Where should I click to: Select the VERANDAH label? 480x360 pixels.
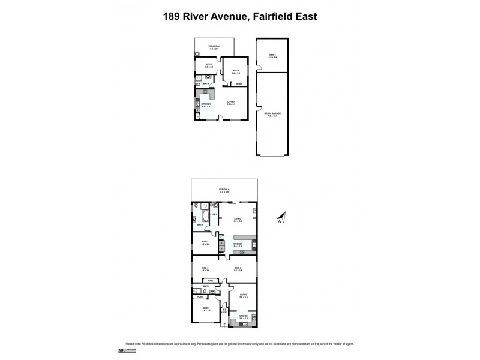tap(214, 46)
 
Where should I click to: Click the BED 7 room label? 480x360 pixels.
tap(208, 64)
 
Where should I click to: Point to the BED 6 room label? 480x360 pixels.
tap(236, 71)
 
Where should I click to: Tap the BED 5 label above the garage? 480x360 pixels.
tap(272, 55)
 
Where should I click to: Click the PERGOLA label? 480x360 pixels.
tap(224, 189)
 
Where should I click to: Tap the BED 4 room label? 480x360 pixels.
tap(205, 242)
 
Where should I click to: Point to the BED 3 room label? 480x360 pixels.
tap(205, 268)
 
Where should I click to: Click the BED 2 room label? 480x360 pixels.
tap(238, 268)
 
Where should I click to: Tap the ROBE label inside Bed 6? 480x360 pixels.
tap(239, 84)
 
